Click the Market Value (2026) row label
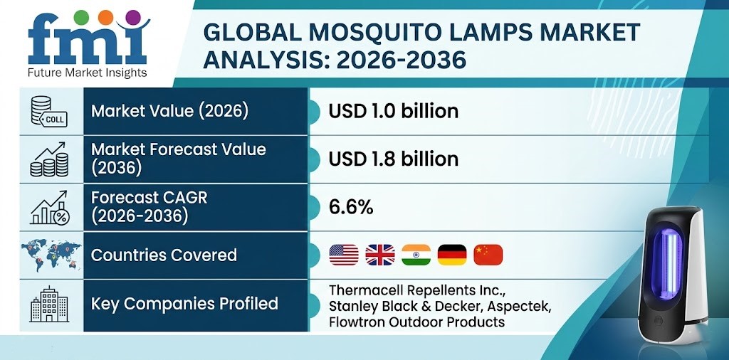coord(169,111)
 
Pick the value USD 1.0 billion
coord(393,111)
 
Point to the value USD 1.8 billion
coord(393,159)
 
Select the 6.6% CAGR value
coord(350,207)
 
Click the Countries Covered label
coord(164,255)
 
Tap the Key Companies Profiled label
coord(184,304)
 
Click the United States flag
coord(344,255)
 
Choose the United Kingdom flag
coord(379,255)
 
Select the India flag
coord(416,255)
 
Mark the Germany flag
coord(452,255)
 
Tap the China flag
coord(488,255)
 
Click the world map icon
coord(49,255)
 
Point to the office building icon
coord(49,305)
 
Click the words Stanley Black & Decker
coord(399,306)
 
